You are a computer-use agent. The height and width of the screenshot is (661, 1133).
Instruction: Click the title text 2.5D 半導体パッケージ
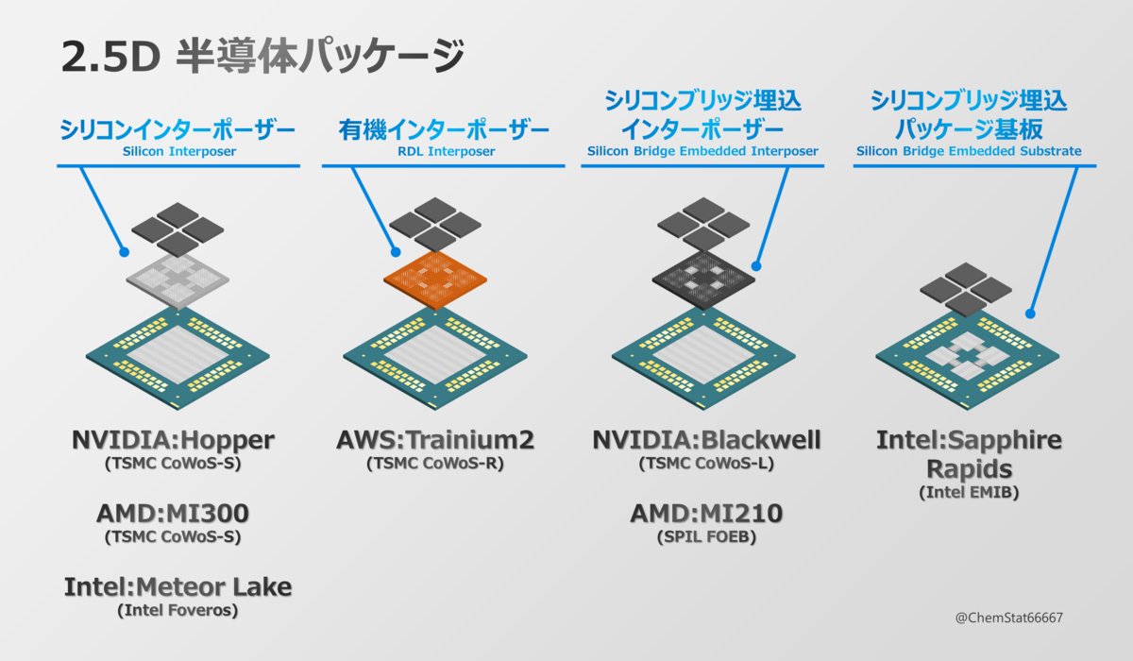(x=262, y=57)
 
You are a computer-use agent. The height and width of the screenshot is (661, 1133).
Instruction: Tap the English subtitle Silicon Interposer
(x=178, y=150)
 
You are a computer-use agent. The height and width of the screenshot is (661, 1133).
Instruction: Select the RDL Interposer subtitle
(x=443, y=150)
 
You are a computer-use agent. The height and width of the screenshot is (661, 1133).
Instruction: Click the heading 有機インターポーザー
(x=443, y=129)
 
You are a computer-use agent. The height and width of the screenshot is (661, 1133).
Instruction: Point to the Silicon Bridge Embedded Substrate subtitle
(x=969, y=150)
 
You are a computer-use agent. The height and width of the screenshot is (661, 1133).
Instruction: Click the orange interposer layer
(x=435, y=280)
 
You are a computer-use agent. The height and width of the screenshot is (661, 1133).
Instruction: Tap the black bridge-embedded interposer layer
(x=703, y=279)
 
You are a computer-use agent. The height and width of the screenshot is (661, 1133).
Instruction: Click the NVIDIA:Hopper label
(x=173, y=440)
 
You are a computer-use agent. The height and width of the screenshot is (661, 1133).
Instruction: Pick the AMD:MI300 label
(x=173, y=514)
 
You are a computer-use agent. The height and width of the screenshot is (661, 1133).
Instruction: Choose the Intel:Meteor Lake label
(x=178, y=586)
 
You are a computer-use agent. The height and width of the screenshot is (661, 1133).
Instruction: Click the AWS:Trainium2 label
(x=435, y=440)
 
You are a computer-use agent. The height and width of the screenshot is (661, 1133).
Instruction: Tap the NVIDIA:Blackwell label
(x=707, y=440)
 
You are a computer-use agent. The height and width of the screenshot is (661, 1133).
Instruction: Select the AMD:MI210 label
(x=707, y=514)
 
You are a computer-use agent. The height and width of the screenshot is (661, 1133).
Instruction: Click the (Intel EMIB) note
(x=968, y=493)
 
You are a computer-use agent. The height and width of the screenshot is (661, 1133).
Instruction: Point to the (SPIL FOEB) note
(x=707, y=537)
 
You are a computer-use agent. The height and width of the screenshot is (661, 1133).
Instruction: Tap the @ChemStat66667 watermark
(x=1008, y=617)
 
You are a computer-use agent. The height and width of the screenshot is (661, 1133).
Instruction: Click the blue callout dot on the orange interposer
(x=397, y=252)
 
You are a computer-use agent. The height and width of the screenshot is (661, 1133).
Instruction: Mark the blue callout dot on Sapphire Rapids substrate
(x=1031, y=314)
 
